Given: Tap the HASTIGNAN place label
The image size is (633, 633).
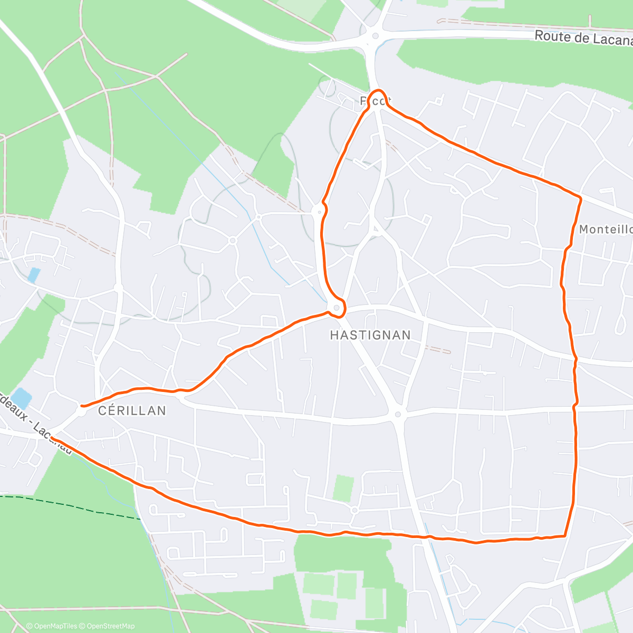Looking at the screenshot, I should [370, 335].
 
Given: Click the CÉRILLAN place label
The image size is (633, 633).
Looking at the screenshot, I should [132, 410].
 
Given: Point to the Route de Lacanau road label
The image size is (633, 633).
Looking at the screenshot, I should [583, 37].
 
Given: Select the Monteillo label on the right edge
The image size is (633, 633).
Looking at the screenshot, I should [606, 229].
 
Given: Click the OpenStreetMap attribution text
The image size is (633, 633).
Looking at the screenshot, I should [107, 626].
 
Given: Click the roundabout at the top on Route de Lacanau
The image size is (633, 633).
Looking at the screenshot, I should [375, 36].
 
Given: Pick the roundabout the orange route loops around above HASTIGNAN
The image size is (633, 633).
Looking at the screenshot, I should [337, 308].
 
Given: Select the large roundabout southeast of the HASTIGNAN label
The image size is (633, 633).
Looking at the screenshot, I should [398, 414].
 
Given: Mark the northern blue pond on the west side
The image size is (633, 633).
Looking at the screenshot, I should [34, 275].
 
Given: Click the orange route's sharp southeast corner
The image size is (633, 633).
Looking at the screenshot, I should [565, 535].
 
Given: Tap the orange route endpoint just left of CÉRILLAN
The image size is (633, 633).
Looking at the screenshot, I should [82, 406].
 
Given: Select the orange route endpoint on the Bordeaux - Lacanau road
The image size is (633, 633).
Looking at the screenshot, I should [52, 438].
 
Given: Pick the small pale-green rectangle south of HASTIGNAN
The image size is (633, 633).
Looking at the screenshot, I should [343, 488].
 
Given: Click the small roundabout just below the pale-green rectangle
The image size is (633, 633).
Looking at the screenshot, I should [354, 510].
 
